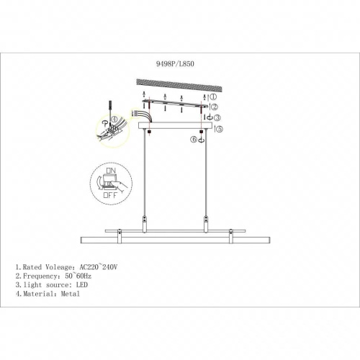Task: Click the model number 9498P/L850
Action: click(x=175, y=64)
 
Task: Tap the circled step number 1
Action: click(x=213, y=96)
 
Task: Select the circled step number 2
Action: click(x=214, y=107)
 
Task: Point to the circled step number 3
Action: click(x=217, y=117)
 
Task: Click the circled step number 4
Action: click(x=114, y=119)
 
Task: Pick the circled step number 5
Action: click(x=220, y=129)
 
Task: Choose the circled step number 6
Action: click(x=194, y=139)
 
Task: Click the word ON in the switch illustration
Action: click(x=111, y=171)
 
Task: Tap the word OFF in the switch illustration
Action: click(x=110, y=195)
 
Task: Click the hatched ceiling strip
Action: click(x=179, y=86)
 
